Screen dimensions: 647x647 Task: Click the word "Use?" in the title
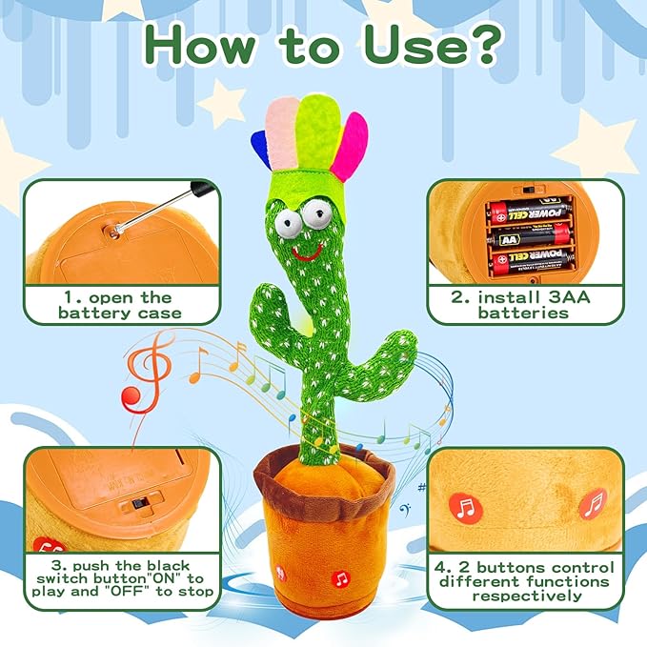tap(420, 46)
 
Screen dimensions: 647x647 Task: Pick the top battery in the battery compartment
tap(530, 210)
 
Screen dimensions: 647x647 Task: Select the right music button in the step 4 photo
tap(593, 503)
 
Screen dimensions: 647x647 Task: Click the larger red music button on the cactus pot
tap(339, 578)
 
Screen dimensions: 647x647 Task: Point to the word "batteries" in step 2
tap(524, 312)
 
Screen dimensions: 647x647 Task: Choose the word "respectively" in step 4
tap(524, 596)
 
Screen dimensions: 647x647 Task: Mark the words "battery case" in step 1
tap(119, 313)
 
